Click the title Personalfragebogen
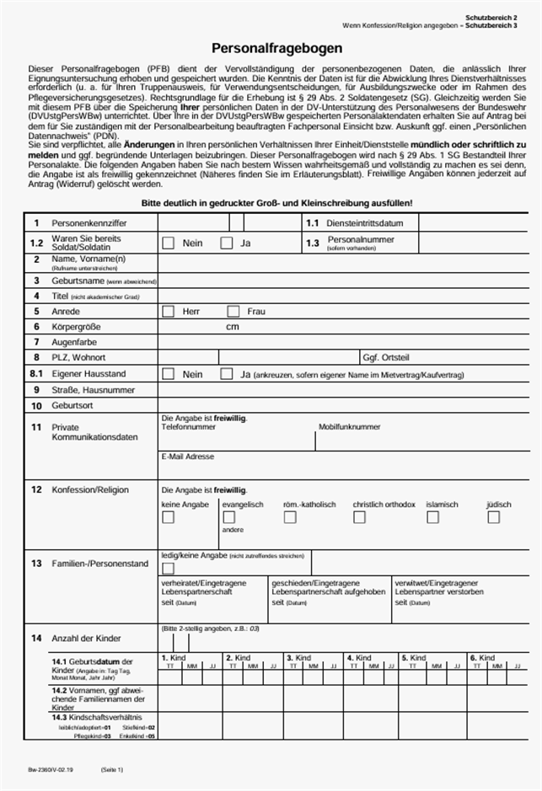tap(271, 50)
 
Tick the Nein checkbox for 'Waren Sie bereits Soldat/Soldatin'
tap(169, 243)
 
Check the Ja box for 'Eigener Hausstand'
tap(226, 373)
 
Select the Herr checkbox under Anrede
tap(169, 311)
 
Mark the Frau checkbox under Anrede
tap(233, 311)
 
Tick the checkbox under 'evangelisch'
tap(228, 517)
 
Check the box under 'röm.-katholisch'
tap(289, 517)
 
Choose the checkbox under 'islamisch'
tap(432, 517)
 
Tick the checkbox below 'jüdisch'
tap(492, 517)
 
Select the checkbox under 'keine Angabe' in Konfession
tap(168, 517)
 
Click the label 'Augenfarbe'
tap(74, 342)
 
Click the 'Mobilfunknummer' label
tap(349, 427)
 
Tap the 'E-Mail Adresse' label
tap(187, 457)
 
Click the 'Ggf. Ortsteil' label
tap(385, 357)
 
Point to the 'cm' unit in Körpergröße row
tap(233, 326)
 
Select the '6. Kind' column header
tap(482, 657)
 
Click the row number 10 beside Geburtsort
tap(36, 405)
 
